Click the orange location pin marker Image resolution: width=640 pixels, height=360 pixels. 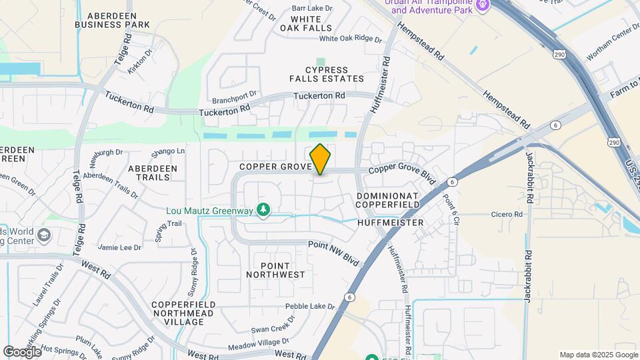coord(321,159)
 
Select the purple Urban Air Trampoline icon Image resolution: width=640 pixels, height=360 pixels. coord(481,6)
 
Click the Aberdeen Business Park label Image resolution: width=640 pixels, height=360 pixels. coord(112,20)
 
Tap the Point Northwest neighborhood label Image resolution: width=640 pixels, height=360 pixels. coord(275,269)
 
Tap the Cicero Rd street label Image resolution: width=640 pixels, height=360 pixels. coord(509,215)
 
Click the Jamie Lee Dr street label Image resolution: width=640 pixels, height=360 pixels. coord(119,247)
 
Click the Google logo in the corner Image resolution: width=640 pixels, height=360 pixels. coord(22,351)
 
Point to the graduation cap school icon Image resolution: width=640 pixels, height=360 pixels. coord(44,235)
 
